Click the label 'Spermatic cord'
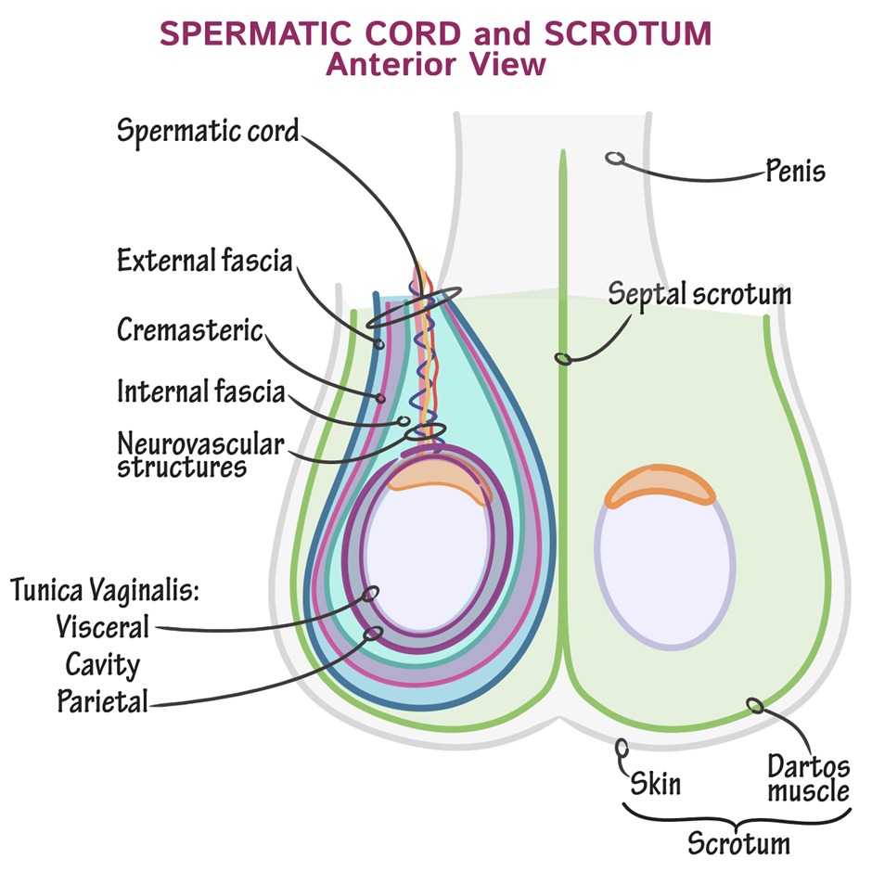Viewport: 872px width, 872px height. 208,130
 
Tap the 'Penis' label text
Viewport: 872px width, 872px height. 795,172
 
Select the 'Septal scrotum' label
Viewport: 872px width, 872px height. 699,294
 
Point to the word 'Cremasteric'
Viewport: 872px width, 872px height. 190,330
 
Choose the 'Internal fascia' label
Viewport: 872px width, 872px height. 200,391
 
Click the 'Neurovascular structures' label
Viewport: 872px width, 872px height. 199,453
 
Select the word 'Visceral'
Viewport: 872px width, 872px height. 101,627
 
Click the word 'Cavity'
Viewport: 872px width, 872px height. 102,664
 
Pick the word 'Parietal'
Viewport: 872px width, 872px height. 102,700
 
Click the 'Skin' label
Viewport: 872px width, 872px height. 655,784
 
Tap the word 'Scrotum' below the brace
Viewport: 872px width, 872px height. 738,844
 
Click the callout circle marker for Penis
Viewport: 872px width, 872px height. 613,159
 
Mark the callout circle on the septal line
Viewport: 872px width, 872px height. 561,357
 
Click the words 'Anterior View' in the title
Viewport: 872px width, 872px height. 435,66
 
